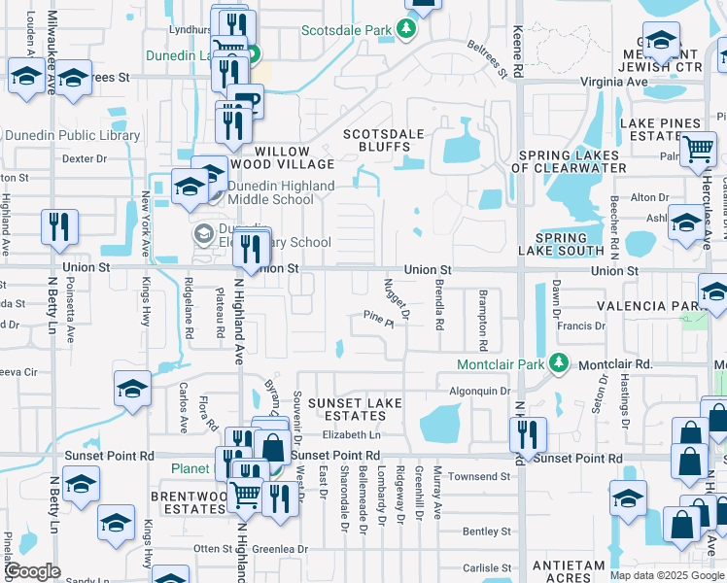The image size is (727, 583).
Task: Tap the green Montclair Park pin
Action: tap(559, 363)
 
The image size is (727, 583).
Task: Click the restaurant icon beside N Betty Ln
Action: tap(60, 227)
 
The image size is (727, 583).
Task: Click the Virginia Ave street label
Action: tap(620, 83)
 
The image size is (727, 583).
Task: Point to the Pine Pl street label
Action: tap(377, 317)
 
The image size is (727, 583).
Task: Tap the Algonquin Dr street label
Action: tap(478, 391)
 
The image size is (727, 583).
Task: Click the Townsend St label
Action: tap(479, 476)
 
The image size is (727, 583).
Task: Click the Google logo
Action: tap(32, 571)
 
